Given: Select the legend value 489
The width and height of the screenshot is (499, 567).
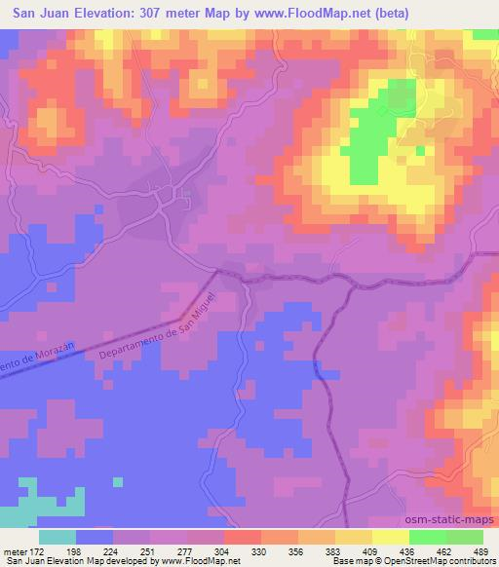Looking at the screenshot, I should coord(481,550).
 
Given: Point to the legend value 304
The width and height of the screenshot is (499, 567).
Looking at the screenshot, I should coord(220,550).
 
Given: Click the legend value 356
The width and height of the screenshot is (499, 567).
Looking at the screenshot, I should coord(295,550).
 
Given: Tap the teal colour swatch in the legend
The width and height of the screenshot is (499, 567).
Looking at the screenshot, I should coord(58,537).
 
